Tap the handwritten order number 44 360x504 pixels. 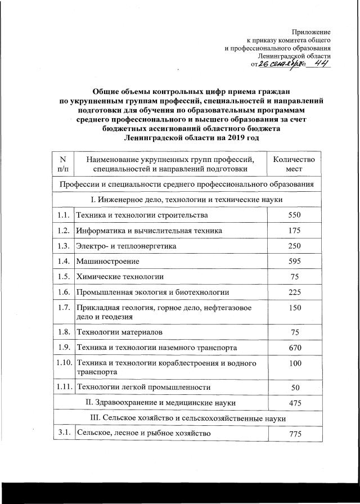tap(322, 64)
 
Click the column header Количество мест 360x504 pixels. tap(294, 164)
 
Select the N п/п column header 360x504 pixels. tap(62, 164)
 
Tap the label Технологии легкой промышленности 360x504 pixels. tap(143, 388)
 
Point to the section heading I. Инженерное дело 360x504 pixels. tap(186, 200)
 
